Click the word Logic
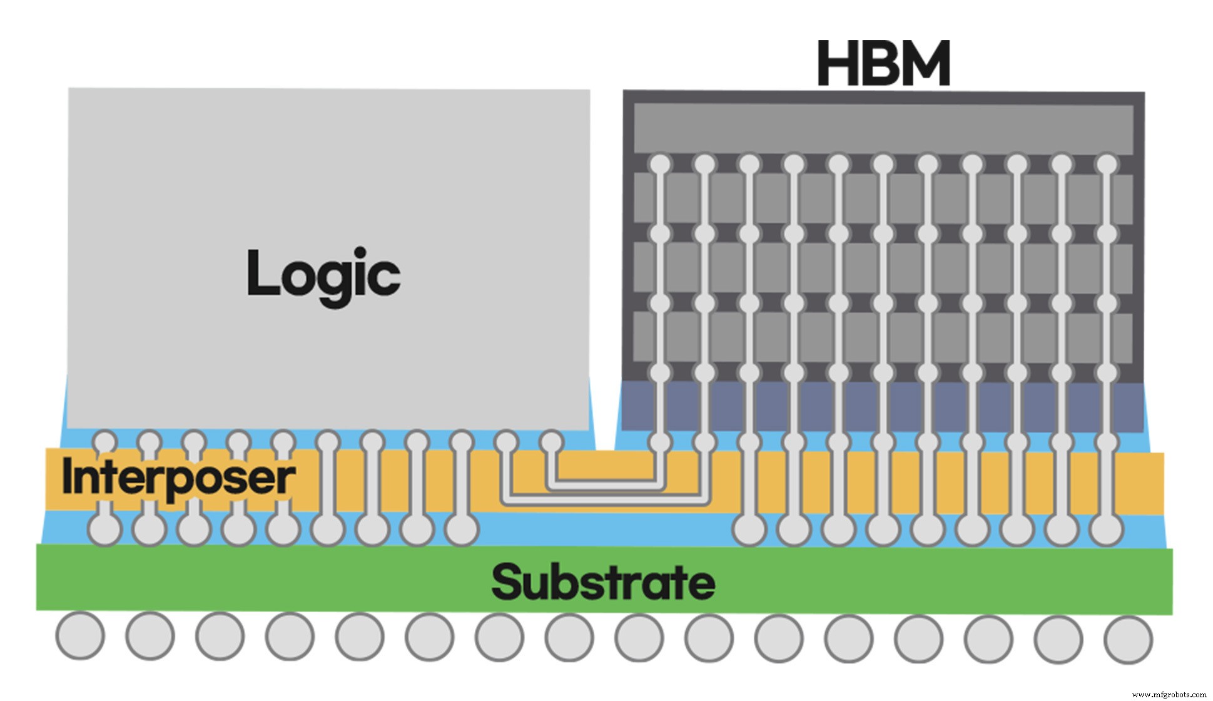pos(323,274)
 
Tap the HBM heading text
pos(883,63)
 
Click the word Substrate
pos(603,582)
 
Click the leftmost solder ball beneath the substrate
pos(80,636)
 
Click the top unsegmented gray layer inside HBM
pos(883,128)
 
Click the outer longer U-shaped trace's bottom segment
pos(605,500)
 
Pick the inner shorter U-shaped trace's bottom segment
pos(604,483)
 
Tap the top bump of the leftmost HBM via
pos(660,165)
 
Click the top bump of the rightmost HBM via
pos(1107,165)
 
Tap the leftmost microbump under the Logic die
pos(104,440)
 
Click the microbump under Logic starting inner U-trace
pos(551,442)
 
